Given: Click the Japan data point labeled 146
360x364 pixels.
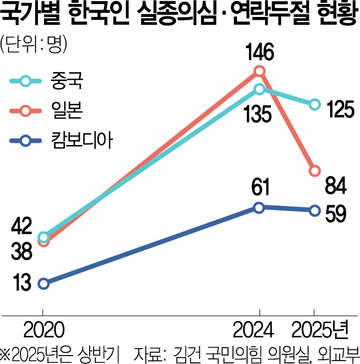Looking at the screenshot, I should (x=259, y=71).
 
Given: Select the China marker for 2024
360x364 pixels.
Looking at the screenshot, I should (x=259, y=89).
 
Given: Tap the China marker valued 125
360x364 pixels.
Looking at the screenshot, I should (x=314, y=104).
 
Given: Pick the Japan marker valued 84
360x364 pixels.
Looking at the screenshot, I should (x=314, y=170).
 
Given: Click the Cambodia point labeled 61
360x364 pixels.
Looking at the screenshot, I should (x=258, y=208).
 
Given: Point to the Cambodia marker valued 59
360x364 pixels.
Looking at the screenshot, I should (x=314, y=211).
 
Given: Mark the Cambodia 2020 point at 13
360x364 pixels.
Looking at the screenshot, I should (x=43, y=283).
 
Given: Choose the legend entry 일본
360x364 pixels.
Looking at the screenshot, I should (x=70, y=111).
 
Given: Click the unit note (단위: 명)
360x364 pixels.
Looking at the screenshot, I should (x=34, y=45).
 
